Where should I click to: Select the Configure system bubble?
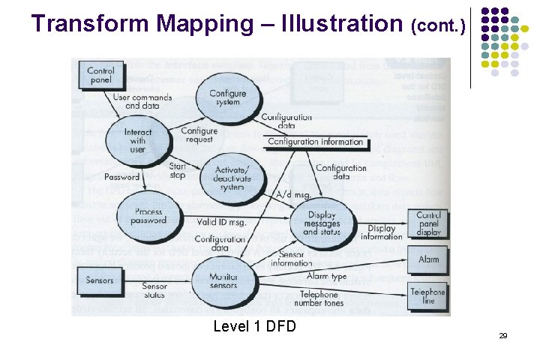[227, 98]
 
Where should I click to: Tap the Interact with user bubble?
[137, 140]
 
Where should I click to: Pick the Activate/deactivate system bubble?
[232, 177]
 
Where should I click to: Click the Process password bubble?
[149, 216]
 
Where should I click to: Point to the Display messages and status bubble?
[322, 223]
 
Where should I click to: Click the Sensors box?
[100, 280]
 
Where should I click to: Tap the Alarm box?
[427, 259]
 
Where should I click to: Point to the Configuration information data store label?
[315, 142]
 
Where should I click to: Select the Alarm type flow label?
[328, 277]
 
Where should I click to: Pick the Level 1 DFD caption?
[255, 326]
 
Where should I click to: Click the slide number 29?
[502, 335]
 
